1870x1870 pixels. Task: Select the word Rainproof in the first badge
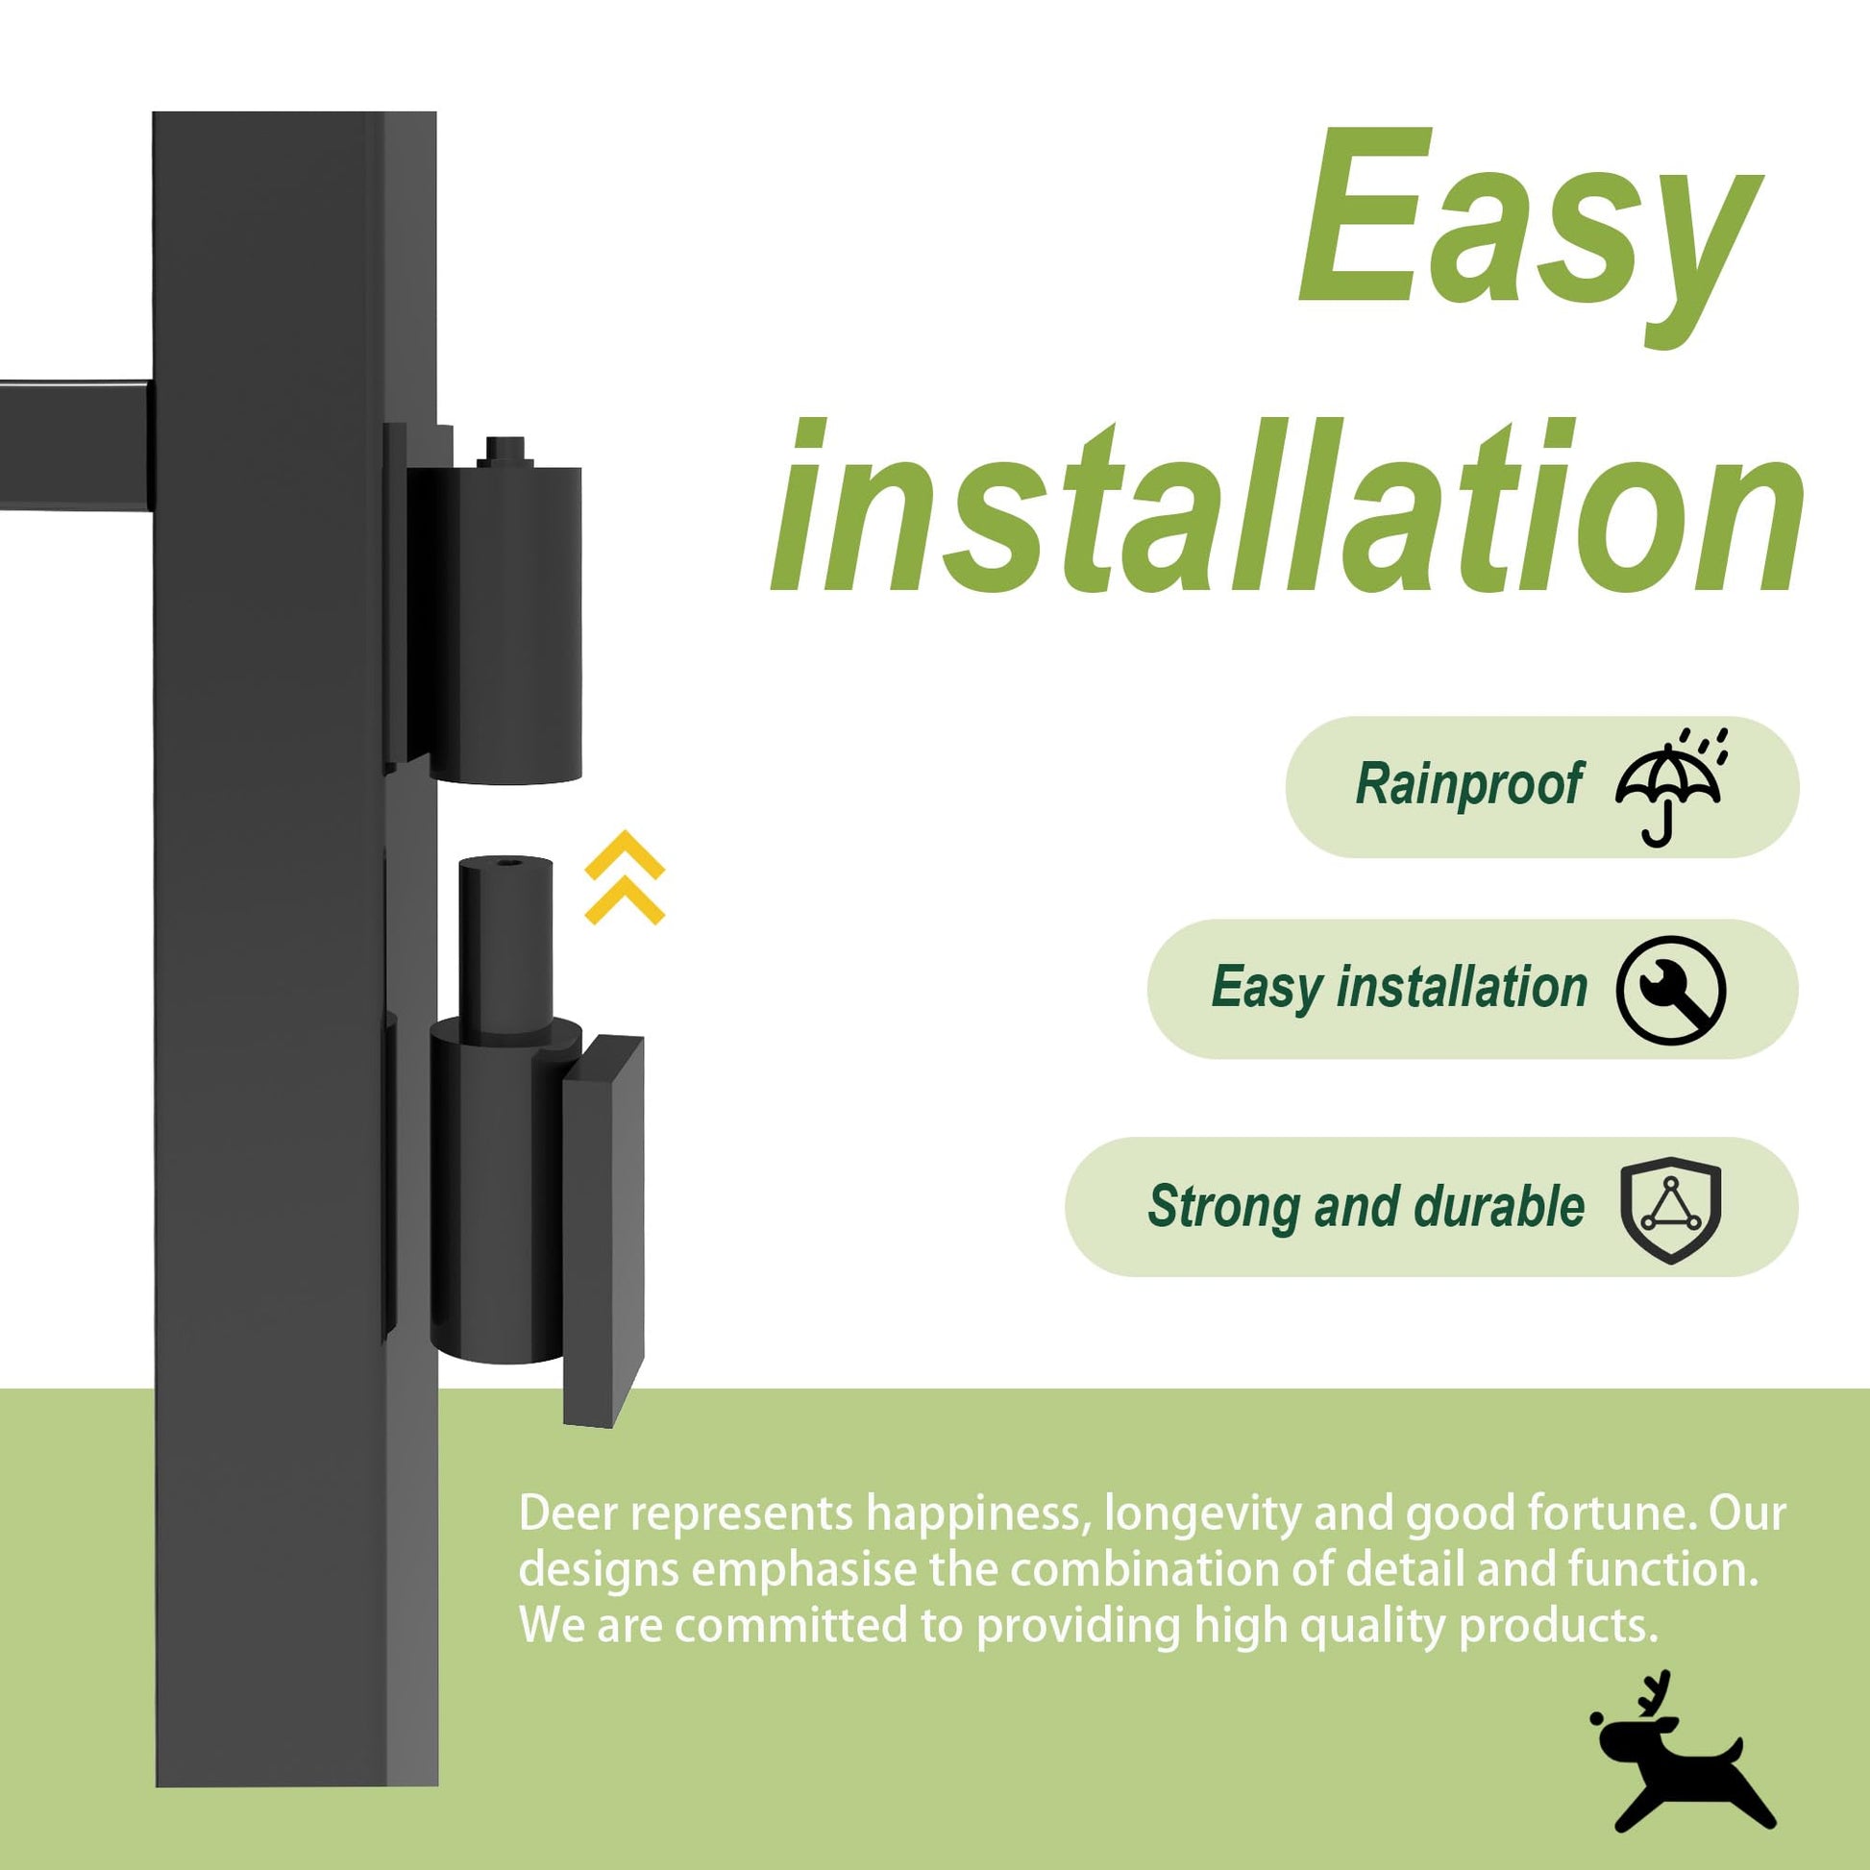(x=1468, y=785)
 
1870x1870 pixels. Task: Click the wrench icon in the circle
(x=1671, y=989)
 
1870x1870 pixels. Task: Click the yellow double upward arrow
(x=626, y=876)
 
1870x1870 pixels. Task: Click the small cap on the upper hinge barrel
(x=504, y=449)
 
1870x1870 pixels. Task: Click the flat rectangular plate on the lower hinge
(x=603, y=1230)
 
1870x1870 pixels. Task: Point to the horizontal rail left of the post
(x=76, y=443)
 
